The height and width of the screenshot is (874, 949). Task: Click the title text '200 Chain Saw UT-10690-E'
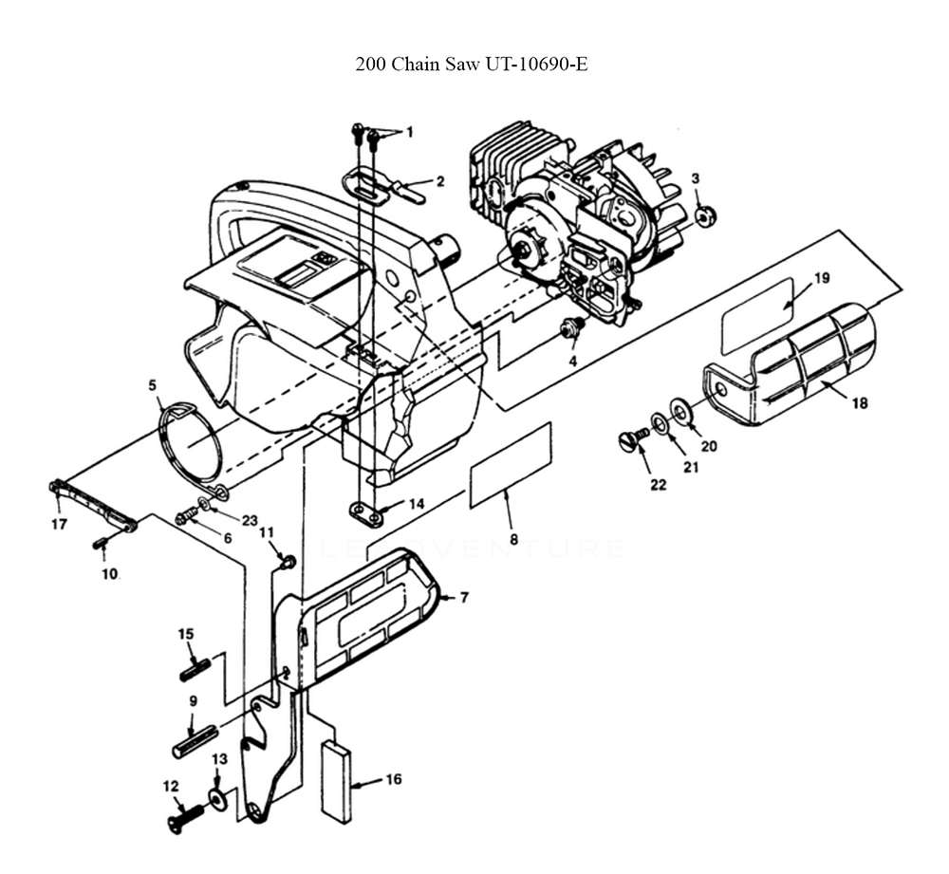point(471,65)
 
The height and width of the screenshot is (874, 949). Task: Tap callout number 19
point(821,278)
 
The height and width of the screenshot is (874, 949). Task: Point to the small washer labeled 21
point(658,423)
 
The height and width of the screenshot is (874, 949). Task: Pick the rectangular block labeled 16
point(335,778)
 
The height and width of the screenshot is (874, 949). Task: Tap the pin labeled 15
point(195,668)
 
